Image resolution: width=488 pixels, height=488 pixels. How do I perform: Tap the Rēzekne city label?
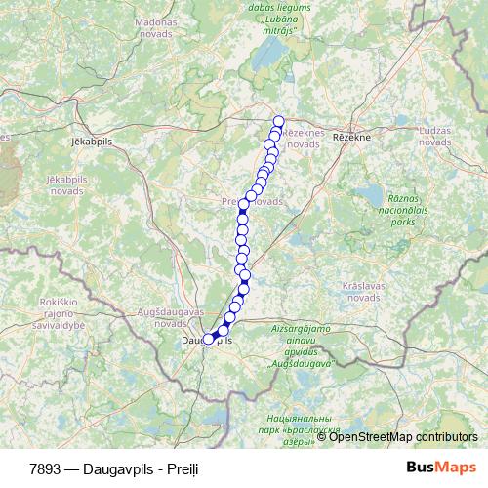[351, 138]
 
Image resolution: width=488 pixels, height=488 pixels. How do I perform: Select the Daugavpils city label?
[208, 341]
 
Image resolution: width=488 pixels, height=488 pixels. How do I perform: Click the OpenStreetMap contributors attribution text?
[403, 436]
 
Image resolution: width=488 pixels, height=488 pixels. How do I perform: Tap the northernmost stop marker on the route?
[278, 122]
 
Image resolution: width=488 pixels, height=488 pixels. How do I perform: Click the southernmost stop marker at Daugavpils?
[208, 340]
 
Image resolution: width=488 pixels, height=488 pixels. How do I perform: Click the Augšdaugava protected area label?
[299, 346]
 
